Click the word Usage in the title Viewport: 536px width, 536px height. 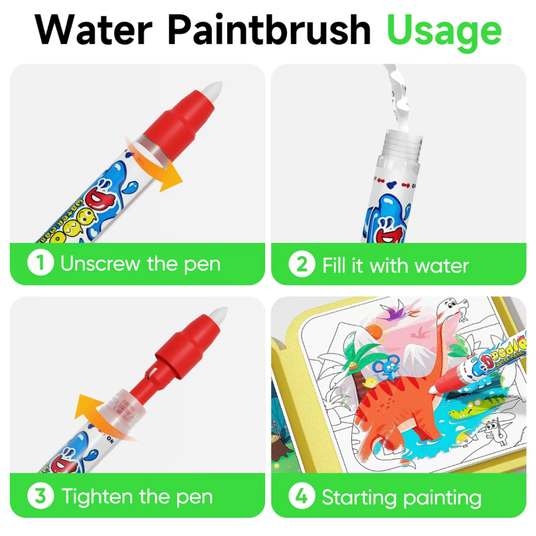coord(444,31)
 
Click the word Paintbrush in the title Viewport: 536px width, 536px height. coord(268,31)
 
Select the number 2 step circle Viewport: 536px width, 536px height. coord(302,265)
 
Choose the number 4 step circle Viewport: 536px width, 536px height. coord(302,497)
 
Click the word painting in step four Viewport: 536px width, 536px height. coord(443,498)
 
